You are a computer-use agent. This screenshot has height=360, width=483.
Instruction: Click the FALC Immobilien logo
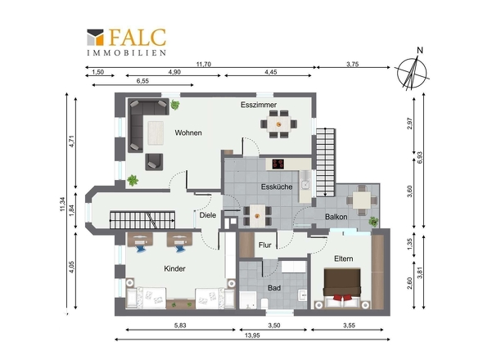pos(127,43)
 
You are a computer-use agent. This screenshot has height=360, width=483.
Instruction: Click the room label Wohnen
pos(188,133)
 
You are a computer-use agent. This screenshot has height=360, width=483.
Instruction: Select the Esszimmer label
pos(259,105)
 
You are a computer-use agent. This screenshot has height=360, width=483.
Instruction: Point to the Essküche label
pos(277,187)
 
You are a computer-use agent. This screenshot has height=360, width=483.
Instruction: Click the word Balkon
pos(336,217)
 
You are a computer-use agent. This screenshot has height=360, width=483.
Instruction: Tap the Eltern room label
pos(344,259)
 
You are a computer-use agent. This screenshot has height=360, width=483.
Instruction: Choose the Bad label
pos(274,288)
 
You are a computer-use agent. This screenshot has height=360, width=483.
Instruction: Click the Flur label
pos(265,245)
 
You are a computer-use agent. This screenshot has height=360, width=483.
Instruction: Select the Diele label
pos(208,215)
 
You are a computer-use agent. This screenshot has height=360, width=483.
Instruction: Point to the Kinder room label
pos(174,268)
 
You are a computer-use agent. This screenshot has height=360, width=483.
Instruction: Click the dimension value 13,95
pos(252,335)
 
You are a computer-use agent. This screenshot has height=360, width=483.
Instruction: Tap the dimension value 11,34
pos(62,204)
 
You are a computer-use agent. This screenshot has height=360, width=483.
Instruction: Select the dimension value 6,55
pos(142,81)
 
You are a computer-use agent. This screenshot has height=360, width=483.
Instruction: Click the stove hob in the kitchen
pos(278,164)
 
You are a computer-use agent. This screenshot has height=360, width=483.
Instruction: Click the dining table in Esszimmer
pos(279,124)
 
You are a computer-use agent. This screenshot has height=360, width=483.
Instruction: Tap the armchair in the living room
pos(154,162)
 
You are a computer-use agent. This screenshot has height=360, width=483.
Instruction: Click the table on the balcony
pos(362,200)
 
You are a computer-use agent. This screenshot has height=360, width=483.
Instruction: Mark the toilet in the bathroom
pos(264,304)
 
